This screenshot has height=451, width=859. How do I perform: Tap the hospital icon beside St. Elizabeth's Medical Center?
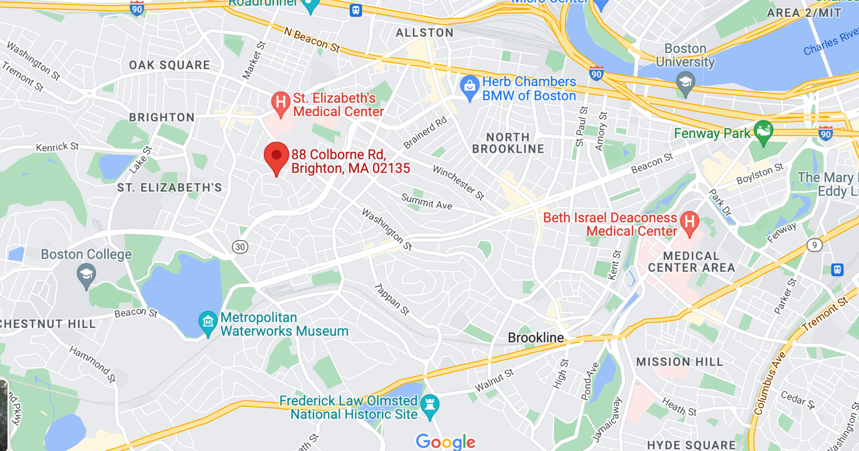click(280, 103)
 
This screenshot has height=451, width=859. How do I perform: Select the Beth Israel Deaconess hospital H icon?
click(690, 222)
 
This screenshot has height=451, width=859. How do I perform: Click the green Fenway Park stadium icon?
click(763, 132)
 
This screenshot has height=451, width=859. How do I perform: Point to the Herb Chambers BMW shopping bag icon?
click(470, 86)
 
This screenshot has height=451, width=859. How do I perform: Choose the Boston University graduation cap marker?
click(685, 83)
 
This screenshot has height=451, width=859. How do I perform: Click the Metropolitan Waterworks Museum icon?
click(208, 323)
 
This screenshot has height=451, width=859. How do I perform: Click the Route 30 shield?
click(240, 247)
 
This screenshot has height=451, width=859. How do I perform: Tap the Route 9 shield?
click(814, 245)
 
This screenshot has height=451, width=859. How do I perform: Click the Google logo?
click(446, 441)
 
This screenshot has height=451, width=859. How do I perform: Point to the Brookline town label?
click(536, 338)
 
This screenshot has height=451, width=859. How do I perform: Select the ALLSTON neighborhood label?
click(424, 33)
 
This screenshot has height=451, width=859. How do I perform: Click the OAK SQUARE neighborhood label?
click(169, 65)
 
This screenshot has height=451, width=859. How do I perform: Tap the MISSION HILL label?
click(680, 362)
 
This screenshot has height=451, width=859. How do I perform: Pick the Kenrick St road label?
click(57, 147)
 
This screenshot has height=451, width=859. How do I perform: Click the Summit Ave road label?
click(426, 201)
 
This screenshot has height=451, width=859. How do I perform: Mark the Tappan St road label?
click(392, 300)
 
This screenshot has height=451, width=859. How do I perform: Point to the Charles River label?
click(830, 41)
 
